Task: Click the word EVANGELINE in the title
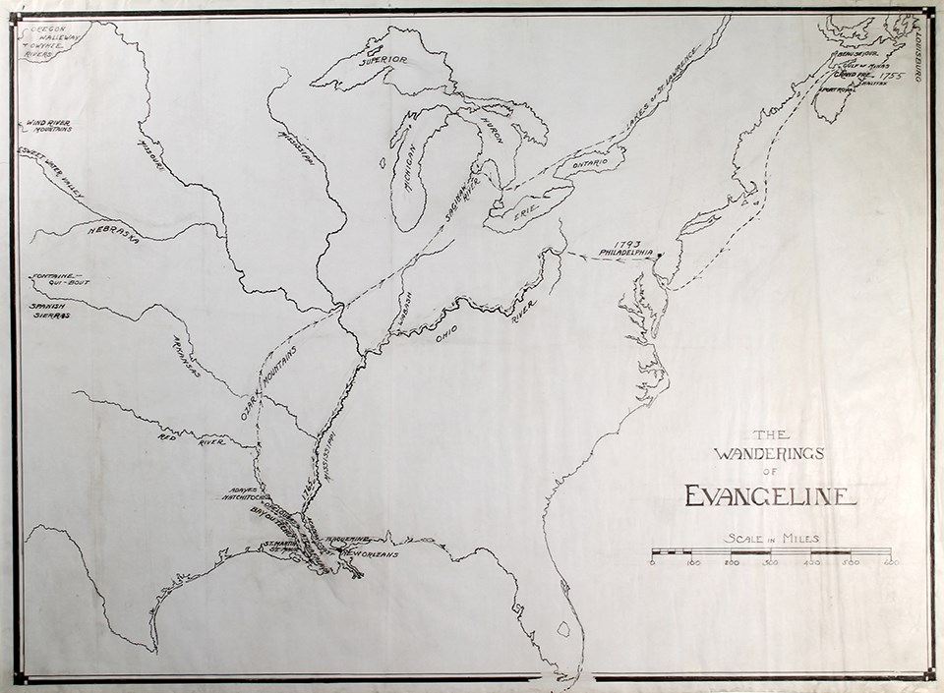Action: tap(770, 495)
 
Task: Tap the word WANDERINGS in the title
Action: tap(770, 453)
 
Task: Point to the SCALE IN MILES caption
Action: tap(771, 538)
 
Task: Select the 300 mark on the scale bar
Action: tap(771, 562)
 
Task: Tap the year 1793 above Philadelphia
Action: tap(627, 242)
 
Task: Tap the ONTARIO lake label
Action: tap(589, 161)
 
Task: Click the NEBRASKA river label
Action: tap(113, 233)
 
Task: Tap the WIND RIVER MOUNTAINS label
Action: tap(48, 124)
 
